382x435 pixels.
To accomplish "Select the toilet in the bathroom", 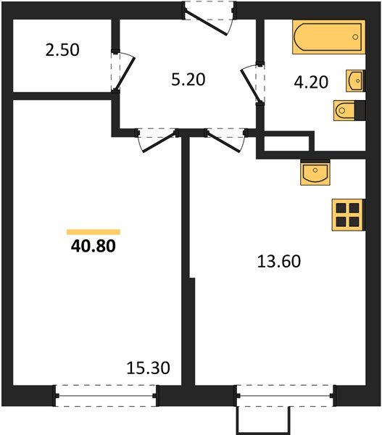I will [345, 110].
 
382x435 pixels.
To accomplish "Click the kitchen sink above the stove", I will [315, 173].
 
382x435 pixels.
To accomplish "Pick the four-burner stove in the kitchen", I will [347, 214].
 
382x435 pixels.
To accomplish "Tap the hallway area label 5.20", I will [188, 79].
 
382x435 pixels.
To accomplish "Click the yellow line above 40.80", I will [94, 232].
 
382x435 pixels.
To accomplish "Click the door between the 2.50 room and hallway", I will [120, 71].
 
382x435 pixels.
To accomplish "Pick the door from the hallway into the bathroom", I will [252, 84].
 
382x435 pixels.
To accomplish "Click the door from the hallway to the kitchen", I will [225, 138].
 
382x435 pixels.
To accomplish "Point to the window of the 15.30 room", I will [107, 395].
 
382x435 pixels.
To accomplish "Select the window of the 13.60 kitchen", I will [285, 395].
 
